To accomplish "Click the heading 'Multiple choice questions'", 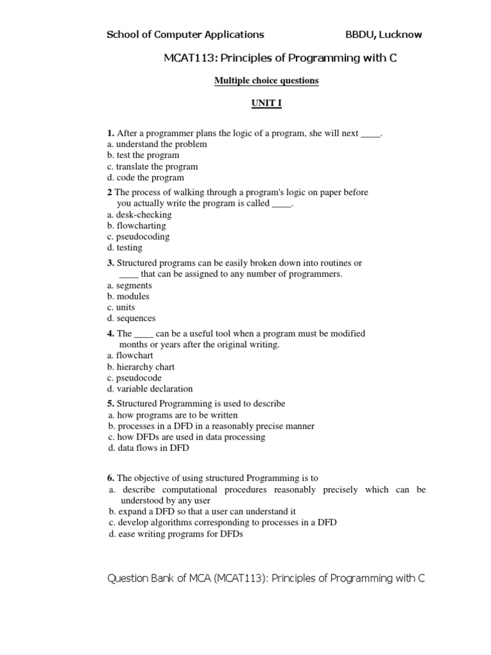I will pyautogui.click(x=266, y=81).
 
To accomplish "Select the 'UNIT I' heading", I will pyautogui.click(x=266, y=104).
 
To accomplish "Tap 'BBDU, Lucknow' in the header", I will pyautogui.click(x=384, y=35).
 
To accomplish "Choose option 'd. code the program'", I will pyautogui.click(x=145, y=177).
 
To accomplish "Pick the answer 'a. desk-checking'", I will pyautogui.click(x=139, y=215).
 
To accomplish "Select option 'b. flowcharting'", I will pyautogui.click(x=136, y=226).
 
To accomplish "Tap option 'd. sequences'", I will pyautogui.click(x=131, y=318).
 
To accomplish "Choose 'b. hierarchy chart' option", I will pyautogui.click(x=141, y=367).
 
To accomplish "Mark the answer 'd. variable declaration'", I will pyautogui.click(x=150, y=388).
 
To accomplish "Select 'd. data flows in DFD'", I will pyautogui.click(x=148, y=448).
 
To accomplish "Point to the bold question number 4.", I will pyautogui.click(x=111, y=333).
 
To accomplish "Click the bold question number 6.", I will pyautogui.click(x=111, y=478).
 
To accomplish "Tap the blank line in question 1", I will pyautogui.click(x=371, y=134).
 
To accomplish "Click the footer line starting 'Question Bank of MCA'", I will pyautogui.click(x=266, y=578).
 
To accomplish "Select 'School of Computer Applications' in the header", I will pyautogui.click(x=185, y=35).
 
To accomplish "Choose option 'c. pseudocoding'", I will pyautogui.click(x=138, y=237).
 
